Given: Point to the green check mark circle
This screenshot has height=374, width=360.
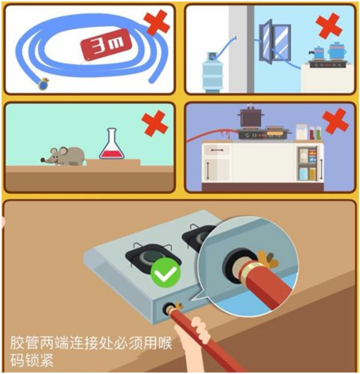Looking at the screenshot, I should tap(165, 273).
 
